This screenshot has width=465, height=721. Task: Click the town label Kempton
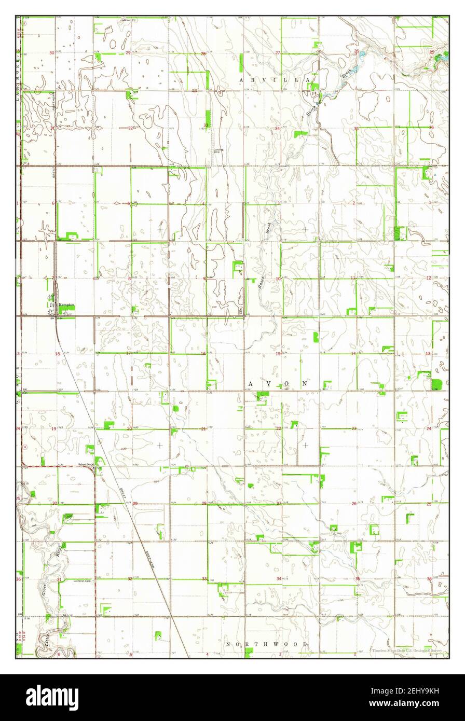coord(66,305)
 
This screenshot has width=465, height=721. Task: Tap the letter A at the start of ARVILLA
coord(243,80)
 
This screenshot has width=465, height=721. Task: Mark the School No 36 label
coord(86,464)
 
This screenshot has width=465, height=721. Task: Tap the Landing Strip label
coord(218,151)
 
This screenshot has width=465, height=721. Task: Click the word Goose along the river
coord(43,587)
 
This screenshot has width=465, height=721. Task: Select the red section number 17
coord(128,354)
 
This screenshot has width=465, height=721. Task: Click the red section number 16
coord(203,354)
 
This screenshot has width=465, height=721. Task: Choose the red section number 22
coord(279,428)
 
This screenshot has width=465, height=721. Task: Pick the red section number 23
coord(354,428)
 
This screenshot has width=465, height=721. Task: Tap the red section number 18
coord(58,354)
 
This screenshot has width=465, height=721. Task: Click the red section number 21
coord(203,429)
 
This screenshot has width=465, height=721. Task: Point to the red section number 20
coord(129,429)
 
